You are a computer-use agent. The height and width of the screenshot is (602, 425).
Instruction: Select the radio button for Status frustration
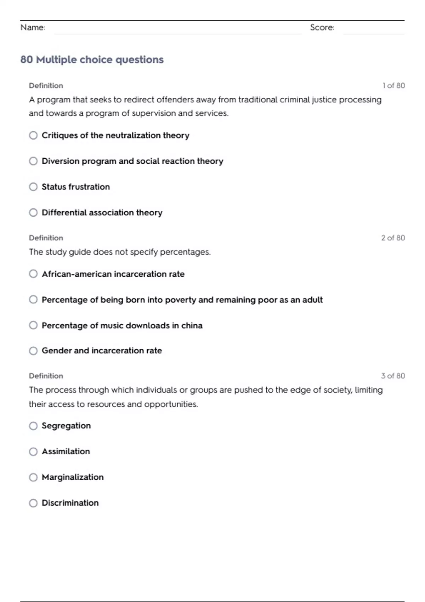coord(33,187)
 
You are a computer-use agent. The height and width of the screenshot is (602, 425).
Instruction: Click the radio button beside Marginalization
coord(33,477)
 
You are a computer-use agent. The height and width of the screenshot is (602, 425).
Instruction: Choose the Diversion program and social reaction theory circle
coord(33,161)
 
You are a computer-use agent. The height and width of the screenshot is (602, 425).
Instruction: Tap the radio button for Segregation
coord(33,426)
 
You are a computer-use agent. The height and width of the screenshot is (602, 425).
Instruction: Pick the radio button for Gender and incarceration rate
coord(33,351)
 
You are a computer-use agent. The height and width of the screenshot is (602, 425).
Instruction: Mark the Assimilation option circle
coord(33,451)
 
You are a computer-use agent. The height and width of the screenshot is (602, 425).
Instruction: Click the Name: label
coord(33,27)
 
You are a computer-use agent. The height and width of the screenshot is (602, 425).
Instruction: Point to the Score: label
coord(322,27)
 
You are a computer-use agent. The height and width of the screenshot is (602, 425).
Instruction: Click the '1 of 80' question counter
coord(393,86)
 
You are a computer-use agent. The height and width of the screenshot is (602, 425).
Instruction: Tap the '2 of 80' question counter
coord(393,238)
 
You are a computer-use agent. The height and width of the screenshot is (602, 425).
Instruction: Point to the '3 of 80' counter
coord(393,376)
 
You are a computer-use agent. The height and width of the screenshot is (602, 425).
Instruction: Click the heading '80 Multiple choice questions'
coord(92,59)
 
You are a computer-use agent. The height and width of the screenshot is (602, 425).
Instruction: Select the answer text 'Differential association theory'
coord(102,212)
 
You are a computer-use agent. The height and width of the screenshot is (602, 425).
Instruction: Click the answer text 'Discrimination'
coord(70,503)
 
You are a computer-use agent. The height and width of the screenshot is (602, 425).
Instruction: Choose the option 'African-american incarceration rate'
coord(113,274)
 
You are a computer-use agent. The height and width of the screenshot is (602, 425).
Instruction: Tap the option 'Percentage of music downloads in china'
coord(122,325)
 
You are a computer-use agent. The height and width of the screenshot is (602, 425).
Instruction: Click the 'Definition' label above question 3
coord(46,376)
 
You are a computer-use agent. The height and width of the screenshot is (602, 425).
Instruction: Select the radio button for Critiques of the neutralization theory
coord(33,135)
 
